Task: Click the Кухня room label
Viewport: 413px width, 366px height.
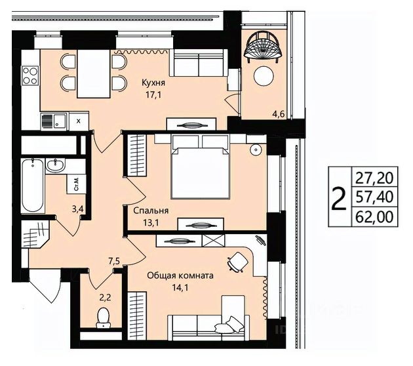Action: click(153, 83)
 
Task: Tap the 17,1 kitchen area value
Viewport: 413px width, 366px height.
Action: click(153, 94)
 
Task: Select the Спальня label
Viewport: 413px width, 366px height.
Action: click(151, 211)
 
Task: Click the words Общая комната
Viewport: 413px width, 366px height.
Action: click(180, 276)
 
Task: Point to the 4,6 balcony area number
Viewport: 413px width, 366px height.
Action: click(279, 115)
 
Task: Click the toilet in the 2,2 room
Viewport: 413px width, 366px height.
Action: click(104, 318)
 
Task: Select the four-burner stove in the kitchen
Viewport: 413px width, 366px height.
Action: click(30, 75)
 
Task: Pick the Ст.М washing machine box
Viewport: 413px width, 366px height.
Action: click(76, 184)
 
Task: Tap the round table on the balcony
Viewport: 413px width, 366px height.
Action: click(264, 75)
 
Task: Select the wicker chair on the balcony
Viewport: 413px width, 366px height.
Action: click(264, 47)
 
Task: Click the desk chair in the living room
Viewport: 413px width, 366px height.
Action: click(238, 262)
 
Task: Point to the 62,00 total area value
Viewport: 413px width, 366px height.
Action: click(374, 217)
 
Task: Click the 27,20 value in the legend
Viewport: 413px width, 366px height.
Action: click(374, 178)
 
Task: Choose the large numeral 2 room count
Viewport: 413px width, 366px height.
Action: click(339, 198)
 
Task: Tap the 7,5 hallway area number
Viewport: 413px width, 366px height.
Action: click(114, 262)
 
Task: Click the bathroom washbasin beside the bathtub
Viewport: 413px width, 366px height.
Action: click(55, 165)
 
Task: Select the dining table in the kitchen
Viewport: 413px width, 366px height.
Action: click(94, 73)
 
